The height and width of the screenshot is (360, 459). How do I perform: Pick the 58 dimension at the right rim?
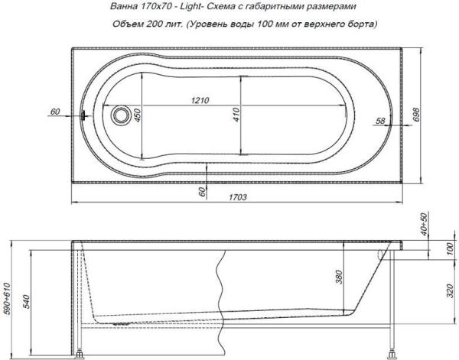pyautogui.click(x=380, y=121)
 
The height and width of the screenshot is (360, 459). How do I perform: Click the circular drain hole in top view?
pyautogui.click(x=119, y=116)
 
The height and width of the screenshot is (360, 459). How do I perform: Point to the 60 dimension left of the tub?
pyautogui.click(x=54, y=112)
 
